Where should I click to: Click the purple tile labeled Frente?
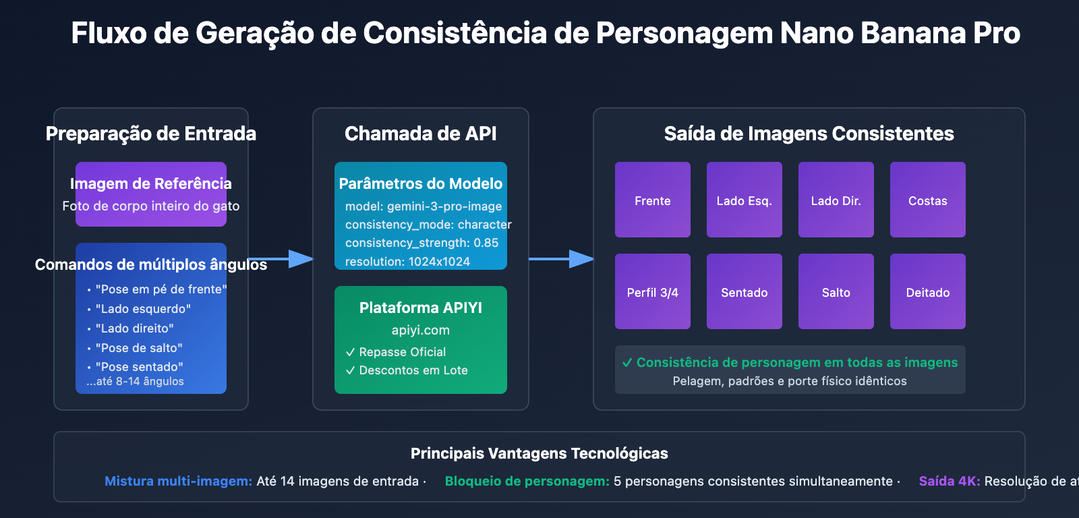[652, 200]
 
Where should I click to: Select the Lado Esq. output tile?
[744, 200]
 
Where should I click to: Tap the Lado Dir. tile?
[836, 200]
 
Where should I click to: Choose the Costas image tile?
[927, 200]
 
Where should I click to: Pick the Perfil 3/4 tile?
[652, 291]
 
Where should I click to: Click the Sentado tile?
[744, 291]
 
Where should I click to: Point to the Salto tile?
[836, 291]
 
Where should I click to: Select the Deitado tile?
[927, 291]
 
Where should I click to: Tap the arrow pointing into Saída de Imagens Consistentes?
[566, 258]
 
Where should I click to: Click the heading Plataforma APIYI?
[420, 308]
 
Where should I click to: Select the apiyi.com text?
[420, 330]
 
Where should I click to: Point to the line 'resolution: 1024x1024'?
[407, 261]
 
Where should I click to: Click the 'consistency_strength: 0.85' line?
[421, 243]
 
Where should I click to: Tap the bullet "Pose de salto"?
[139, 348]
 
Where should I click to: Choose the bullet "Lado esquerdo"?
[143, 309]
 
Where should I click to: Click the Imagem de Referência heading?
[150, 183]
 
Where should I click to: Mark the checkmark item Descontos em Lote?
[413, 370]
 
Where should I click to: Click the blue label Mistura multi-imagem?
[178, 481]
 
